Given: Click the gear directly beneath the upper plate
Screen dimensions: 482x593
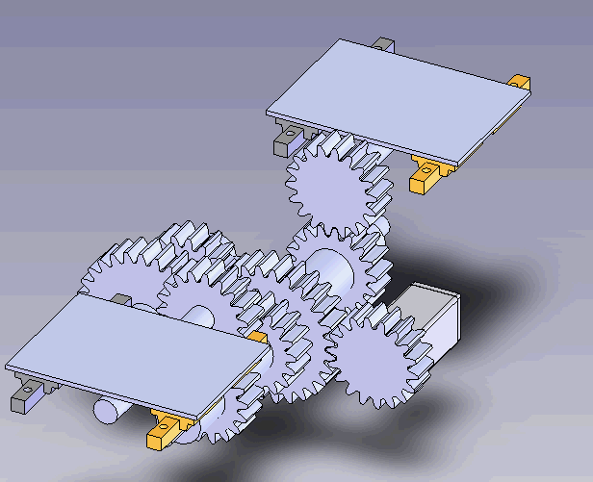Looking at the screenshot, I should click(x=328, y=187).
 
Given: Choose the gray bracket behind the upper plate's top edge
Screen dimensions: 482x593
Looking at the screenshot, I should click(x=383, y=45).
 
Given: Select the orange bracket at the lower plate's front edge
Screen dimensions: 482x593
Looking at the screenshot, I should click(x=165, y=429).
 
